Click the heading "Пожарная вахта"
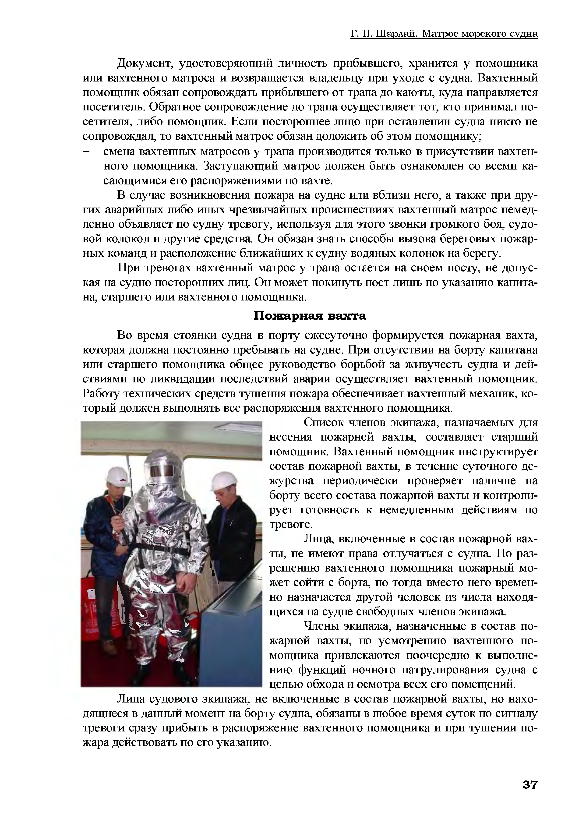[x=310, y=316]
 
